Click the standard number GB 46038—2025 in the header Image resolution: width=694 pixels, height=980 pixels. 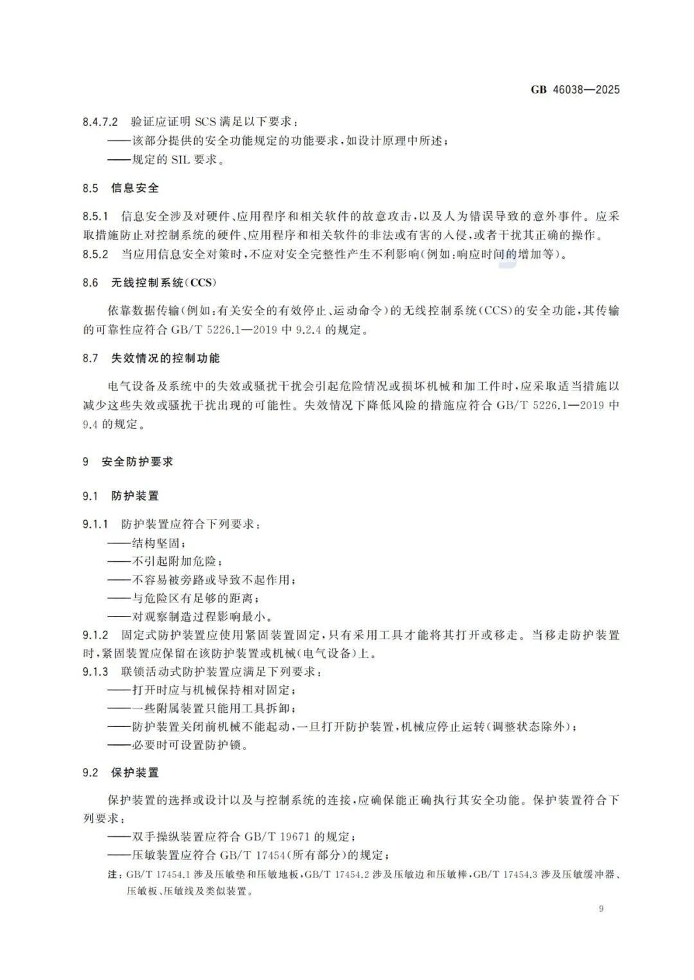575,90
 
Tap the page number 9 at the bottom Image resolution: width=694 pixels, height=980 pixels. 601,908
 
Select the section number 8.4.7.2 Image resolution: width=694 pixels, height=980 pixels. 100,121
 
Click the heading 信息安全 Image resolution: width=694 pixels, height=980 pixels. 135,188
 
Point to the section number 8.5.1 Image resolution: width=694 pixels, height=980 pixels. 95,216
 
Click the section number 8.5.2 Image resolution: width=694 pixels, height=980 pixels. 95,254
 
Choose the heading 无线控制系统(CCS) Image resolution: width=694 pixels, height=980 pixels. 165,283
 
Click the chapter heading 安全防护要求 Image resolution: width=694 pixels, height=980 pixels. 138,462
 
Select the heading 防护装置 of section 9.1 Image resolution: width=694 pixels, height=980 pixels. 135,496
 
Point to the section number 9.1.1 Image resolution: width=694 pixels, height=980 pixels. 95,524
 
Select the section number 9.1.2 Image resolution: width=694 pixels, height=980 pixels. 95,635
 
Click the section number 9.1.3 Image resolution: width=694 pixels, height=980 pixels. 95,672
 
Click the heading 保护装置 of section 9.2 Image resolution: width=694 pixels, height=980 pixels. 135,773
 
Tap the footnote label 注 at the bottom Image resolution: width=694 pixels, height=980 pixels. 113,875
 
